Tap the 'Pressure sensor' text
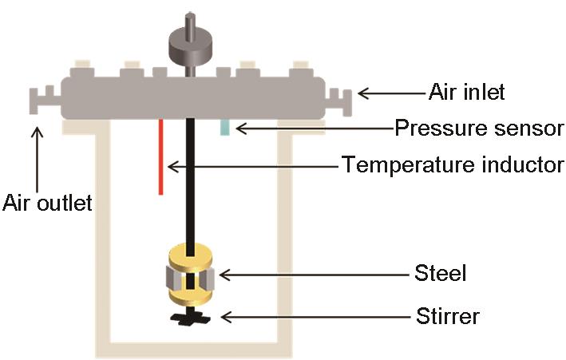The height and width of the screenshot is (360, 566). (x=480, y=128)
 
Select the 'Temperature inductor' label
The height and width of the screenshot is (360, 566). (x=453, y=165)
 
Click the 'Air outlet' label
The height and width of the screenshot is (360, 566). (x=47, y=203)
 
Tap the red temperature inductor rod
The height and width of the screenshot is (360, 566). (x=160, y=156)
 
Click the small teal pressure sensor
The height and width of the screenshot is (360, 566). (x=225, y=127)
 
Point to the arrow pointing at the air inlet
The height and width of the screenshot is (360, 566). (x=391, y=93)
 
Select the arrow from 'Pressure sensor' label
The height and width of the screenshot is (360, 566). (x=311, y=128)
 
